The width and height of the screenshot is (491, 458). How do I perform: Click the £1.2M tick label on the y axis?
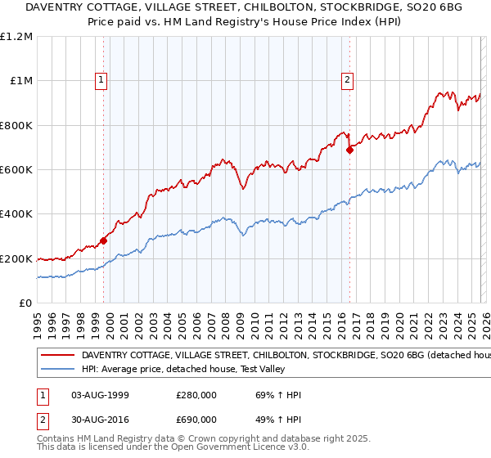coord(16,37)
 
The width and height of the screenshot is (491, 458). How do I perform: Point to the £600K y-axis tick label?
coord(16,170)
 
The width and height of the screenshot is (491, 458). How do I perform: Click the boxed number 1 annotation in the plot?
coord(101,79)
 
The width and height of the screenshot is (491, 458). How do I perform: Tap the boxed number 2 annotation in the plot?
coord(348,79)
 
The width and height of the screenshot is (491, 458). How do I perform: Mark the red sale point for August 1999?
coord(104,241)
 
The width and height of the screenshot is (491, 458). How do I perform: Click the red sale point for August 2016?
coord(350,150)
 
